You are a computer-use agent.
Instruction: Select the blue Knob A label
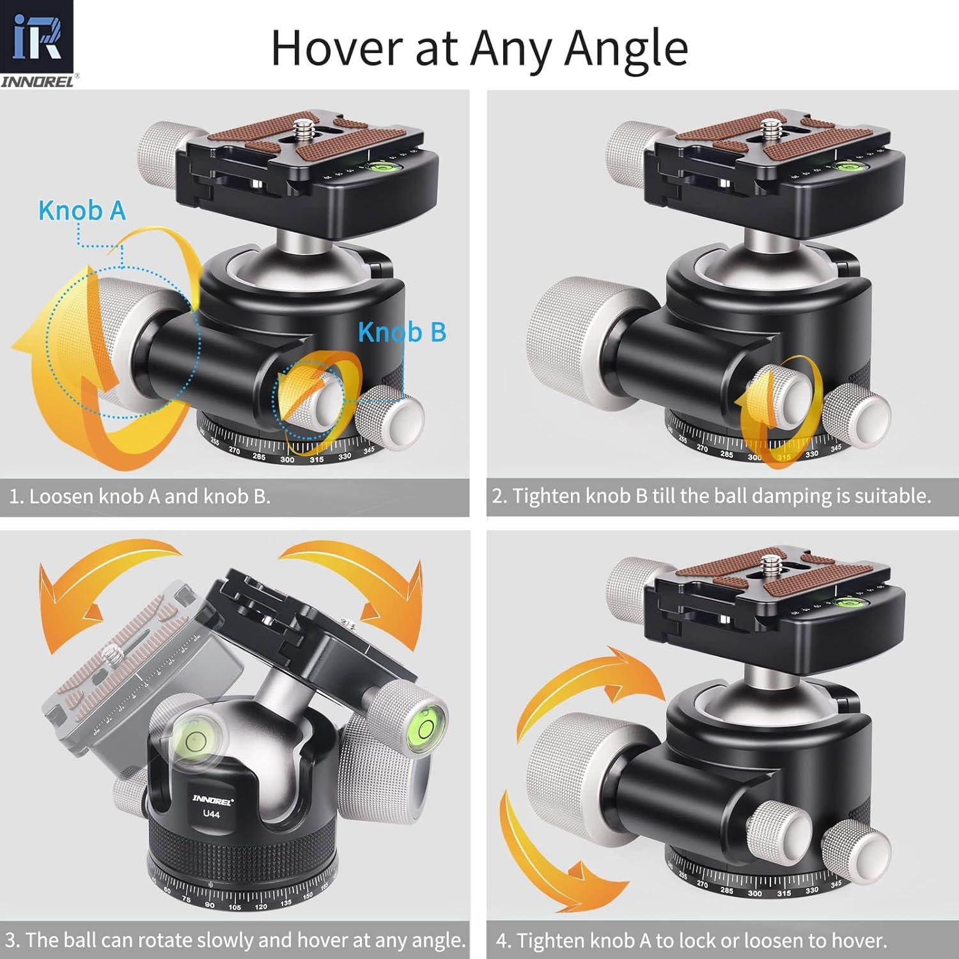coord(82,211)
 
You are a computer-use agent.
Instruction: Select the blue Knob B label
coord(402,332)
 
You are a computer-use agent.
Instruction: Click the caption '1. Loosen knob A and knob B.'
coord(139,497)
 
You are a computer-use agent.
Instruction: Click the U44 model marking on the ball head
coord(211,815)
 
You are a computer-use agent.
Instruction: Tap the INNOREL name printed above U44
coord(211,800)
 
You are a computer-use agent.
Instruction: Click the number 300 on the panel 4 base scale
coord(754,894)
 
